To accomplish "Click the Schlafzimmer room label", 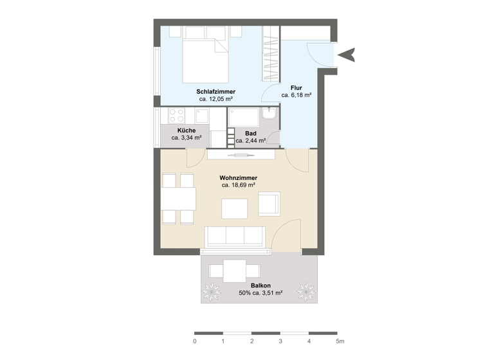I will pos(215,91).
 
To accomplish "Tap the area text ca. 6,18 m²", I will pos(296,94).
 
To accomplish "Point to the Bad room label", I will pos(251,133).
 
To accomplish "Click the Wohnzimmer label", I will pos(238,177).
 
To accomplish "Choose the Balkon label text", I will pos(261,285).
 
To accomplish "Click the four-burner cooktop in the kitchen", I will pos(176,116).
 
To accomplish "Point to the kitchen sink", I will pos(201,116).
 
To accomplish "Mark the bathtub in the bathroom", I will pos(244,118).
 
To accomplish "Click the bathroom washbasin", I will pos(271,114).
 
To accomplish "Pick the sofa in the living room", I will pos(233,237).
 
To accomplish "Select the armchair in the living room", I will pos(269,204).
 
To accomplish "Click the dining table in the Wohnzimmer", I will pos(179,199).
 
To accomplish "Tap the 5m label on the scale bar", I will pos(340,341).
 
